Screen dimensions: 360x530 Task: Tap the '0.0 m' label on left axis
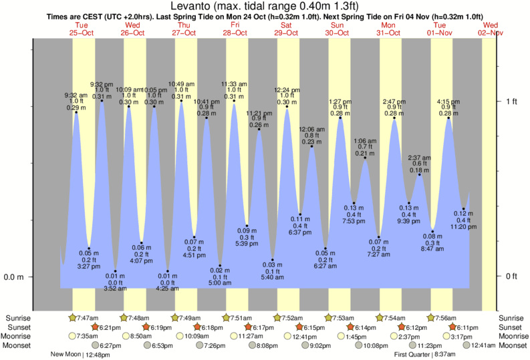pos(13,277)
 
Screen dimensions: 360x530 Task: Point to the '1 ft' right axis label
pos(511,102)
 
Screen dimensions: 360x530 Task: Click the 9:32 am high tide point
pos(76,112)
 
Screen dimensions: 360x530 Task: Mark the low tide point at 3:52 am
pos(115,271)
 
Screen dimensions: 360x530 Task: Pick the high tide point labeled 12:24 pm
pos(287,107)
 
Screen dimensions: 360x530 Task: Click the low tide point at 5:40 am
pos(273,260)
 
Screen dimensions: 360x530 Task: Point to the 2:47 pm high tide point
pos(394,119)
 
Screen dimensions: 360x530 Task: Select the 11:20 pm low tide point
pos(463,208)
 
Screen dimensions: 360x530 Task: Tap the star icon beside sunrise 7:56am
pos(430,317)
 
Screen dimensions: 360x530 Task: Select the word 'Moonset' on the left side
pos(20,345)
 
